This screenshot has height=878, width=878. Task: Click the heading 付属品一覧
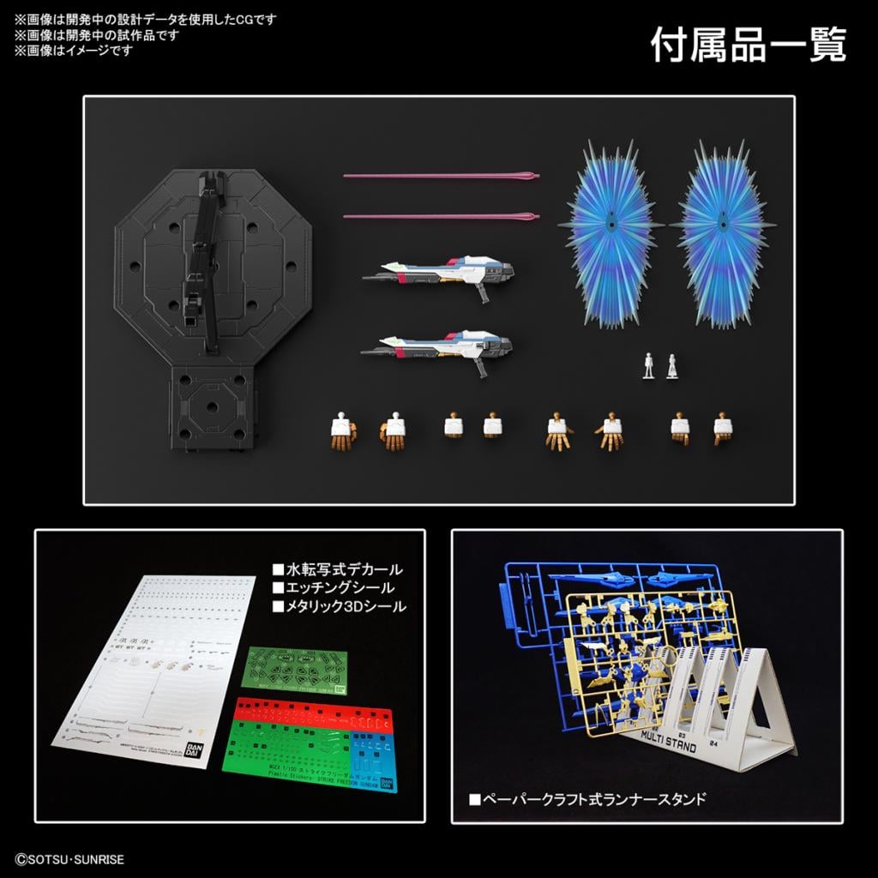click(x=748, y=45)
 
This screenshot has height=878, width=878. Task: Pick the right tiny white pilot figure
click(x=671, y=365)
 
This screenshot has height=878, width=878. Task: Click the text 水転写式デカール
click(x=337, y=569)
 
